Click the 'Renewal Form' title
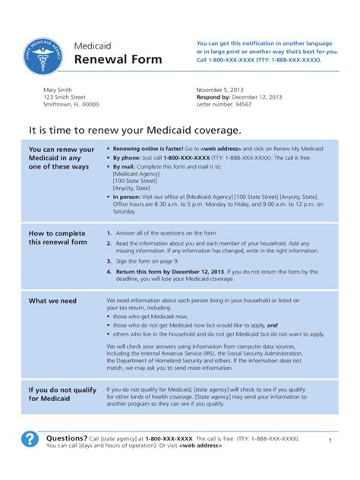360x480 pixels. click(118, 59)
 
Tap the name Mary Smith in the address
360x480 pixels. click(60, 90)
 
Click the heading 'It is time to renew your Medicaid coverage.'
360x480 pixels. click(134, 130)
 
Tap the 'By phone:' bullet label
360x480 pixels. click(128, 157)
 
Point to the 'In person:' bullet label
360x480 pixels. click(130, 196)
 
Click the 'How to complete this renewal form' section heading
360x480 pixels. click(58, 238)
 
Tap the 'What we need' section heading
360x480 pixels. click(52, 301)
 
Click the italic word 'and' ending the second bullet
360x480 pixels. click(272, 325)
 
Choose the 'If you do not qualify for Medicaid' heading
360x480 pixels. click(62, 394)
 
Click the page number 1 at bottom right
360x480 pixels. click(330, 440)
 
